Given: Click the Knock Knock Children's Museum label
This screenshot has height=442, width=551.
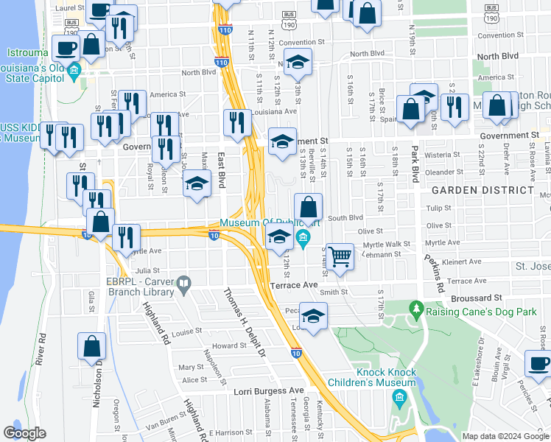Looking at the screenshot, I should pyautogui.click(x=387, y=377).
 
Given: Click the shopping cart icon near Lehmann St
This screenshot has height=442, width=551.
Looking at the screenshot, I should pyautogui.click(x=339, y=258).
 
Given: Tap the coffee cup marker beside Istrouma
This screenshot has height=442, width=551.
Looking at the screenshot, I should pyautogui.click(x=66, y=49).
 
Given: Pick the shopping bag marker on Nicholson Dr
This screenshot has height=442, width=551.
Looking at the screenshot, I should pyautogui.click(x=92, y=345).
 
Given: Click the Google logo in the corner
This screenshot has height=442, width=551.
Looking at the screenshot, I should pyautogui.click(x=24, y=432).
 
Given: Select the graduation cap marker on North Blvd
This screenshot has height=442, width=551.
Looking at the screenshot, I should pyautogui.click(x=298, y=63).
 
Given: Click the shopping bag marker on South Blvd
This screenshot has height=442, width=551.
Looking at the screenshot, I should pyautogui.click(x=309, y=207).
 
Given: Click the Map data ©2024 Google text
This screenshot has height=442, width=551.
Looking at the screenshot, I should pyautogui.click(x=505, y=436).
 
